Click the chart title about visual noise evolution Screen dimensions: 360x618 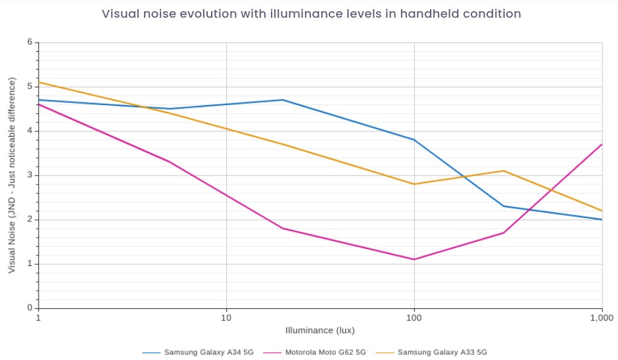tap(311, 14)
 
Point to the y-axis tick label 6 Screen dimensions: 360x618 tap(30, 42)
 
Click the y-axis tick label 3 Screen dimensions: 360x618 tap(30, 175)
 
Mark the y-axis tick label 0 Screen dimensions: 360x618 tap(30, 308)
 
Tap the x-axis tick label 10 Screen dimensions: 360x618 tap(226, 317)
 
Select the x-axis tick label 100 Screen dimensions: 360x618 tap(414, 317)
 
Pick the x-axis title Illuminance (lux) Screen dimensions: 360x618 tap(320, 330)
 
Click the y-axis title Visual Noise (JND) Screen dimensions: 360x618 tap(12, 175)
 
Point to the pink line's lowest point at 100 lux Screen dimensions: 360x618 tap(414, 259)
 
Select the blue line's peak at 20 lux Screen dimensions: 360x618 tap(283, 100)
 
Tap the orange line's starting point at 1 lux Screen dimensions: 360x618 tap(39, 82)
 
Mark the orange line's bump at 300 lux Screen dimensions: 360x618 tap(504, 171)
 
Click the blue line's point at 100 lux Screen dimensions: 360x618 tap(414, 140)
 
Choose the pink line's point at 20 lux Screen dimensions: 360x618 tap(283, 229)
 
